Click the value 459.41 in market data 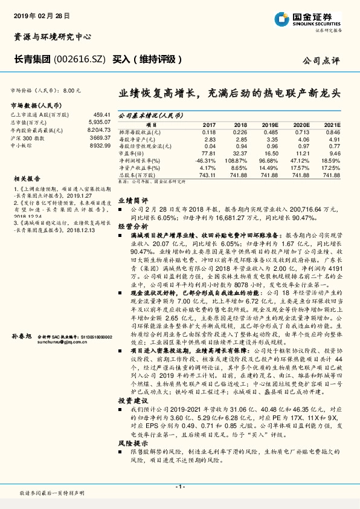(x=101, y=114)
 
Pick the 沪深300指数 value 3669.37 (x=101, y=138)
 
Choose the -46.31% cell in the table (x=206, y=161)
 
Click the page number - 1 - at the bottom (x=179, y=487)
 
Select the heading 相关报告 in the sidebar (x=24, y=178)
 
